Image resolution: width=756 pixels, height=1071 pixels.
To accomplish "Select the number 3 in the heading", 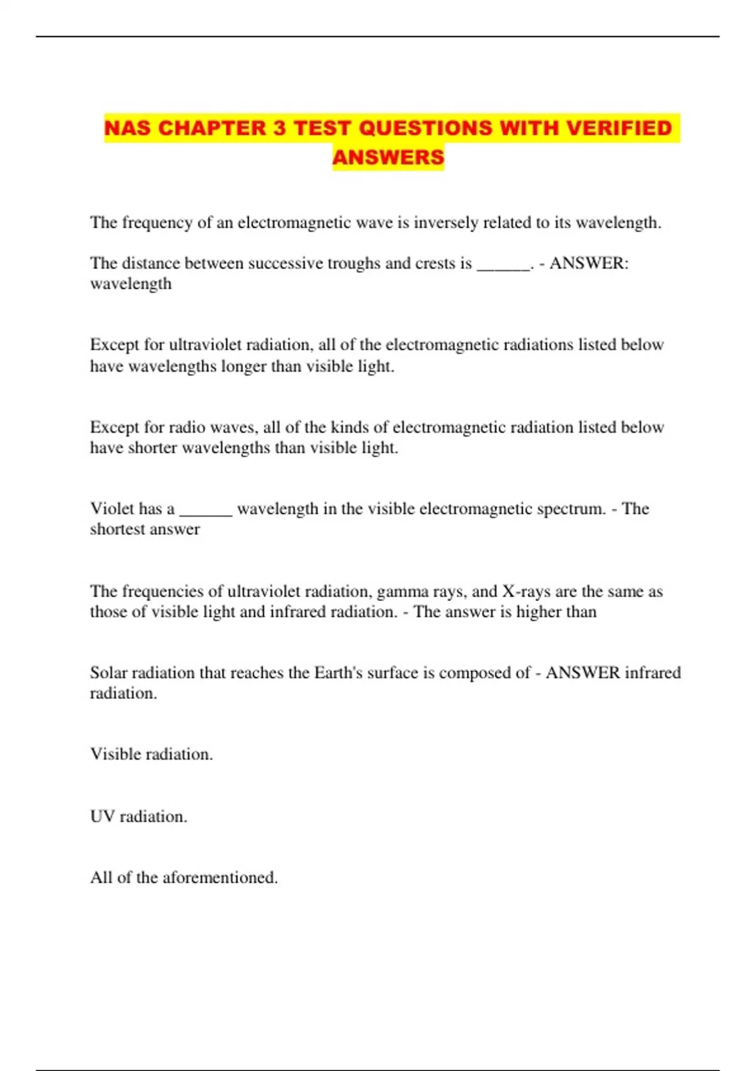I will pos(279,128).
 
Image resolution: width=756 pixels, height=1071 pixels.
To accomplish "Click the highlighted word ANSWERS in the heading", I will pos(388,157).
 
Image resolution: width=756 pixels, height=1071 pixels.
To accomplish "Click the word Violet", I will pos(112,508).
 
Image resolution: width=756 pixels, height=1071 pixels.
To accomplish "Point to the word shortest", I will pos(116,529).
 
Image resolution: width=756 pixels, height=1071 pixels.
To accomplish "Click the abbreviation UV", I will pos(102,816).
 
